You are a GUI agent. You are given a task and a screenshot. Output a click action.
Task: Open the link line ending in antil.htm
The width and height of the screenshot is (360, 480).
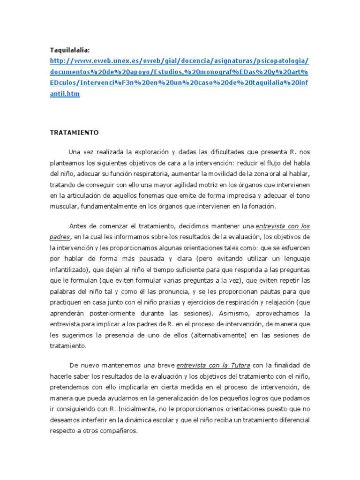(65, 94)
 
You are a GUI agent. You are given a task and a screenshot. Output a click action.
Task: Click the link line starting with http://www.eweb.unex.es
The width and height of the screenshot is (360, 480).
(180, 61)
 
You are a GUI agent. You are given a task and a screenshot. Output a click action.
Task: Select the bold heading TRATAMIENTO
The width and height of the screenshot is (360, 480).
(75, 133)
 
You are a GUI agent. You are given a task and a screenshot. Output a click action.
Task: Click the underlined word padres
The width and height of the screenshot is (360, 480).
(60, 237)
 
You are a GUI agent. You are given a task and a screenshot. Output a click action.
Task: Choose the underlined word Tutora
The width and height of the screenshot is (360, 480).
(238, 365)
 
